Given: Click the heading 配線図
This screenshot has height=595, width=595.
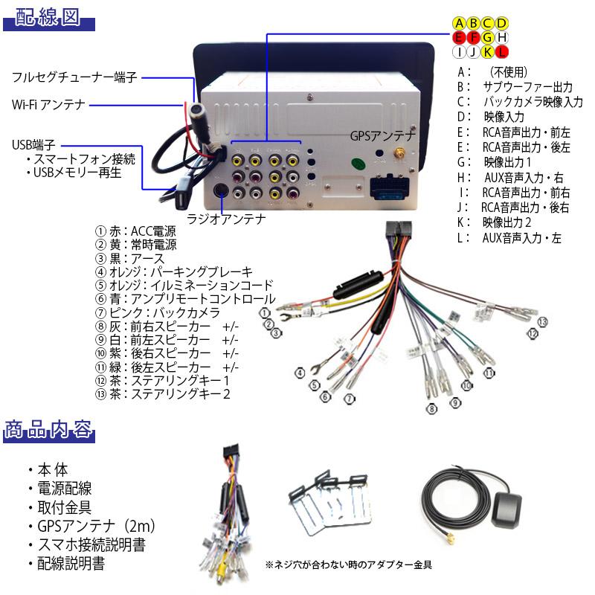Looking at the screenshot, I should point(49,18).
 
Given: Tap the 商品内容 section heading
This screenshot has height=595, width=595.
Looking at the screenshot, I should point(49,431).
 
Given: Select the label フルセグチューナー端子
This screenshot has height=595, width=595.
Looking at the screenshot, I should point(75,77).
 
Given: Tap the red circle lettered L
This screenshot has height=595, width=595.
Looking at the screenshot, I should point(501,51).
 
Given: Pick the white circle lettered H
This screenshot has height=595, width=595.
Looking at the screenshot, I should point(501,37).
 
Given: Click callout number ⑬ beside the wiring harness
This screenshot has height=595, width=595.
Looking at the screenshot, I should point(543,321).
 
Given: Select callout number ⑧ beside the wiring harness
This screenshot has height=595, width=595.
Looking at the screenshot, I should point(431,408).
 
